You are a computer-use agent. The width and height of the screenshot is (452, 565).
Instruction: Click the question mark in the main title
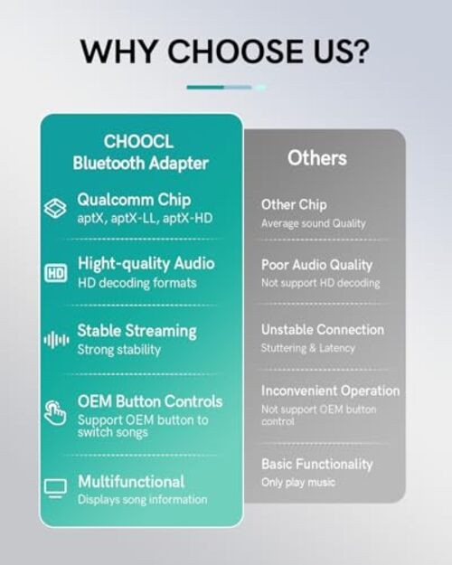(x=360, y=51)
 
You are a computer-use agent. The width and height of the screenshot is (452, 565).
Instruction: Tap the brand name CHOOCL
(x=139, y=142)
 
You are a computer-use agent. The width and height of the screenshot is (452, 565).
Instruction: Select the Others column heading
(x=317, y=158)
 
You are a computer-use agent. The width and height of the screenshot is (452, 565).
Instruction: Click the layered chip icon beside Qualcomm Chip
(x=55, y=208)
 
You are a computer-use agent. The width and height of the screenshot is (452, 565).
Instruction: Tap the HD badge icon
(x=55, y=274)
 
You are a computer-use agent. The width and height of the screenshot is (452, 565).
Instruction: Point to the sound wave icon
(x=56, y=340)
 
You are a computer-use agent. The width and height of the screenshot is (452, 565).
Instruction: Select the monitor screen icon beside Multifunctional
(x=55, y=488)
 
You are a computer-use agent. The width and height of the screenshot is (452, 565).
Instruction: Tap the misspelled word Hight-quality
(x=124, y=264)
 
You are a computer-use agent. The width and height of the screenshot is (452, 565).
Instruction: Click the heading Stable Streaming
(x=137, y=332)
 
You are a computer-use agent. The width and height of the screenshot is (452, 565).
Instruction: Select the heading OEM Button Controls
(x=150, y=401)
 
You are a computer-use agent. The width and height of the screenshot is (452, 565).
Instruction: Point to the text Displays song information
(x=142, y=500)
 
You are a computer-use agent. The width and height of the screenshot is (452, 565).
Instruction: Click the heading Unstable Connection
(x=323, y=330)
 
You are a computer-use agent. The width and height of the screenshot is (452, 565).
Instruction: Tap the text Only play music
(x=298, y=482)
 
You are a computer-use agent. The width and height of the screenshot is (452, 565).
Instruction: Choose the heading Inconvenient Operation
(x=331, y=391)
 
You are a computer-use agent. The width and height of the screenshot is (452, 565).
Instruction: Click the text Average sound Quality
(x=314, y=223)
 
